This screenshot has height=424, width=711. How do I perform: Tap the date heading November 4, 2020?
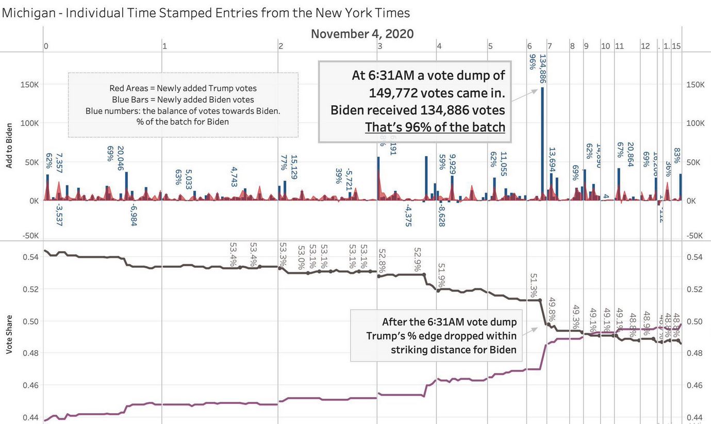coord(362,34)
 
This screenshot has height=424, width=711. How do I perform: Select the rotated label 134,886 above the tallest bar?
coord(543,69)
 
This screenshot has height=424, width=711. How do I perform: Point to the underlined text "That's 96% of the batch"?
coord(435,126)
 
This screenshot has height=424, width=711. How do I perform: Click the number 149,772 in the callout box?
coord(397,93)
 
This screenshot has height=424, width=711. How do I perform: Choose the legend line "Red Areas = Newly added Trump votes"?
coord(183,88)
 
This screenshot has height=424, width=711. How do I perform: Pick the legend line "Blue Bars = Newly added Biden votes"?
coord(183,100)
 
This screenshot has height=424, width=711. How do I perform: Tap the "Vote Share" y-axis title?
coord(9,336)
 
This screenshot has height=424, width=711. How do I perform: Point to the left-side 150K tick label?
coord(30,85)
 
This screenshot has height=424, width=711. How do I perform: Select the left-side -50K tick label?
coord(30,236)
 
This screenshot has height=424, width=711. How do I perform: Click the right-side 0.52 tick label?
coord(695,289)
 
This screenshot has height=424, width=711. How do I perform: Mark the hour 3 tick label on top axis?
coord(379,46)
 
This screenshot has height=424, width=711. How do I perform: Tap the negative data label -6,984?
coord(134,215)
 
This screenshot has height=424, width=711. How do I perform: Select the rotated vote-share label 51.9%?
coord(441,275)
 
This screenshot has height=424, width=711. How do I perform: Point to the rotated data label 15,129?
coord(294,167)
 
